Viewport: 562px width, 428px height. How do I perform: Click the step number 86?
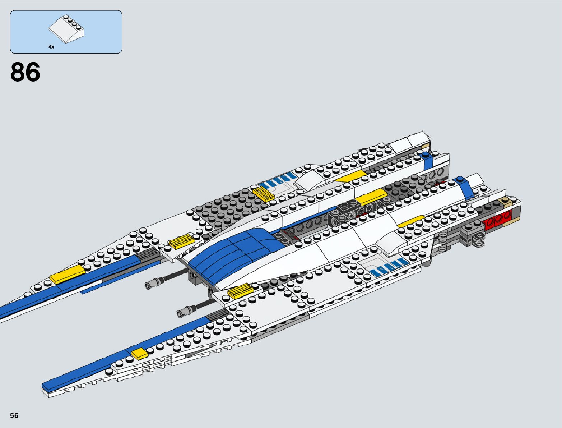[25, 73]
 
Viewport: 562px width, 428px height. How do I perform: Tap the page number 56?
[14, 415]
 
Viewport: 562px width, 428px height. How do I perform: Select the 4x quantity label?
[51, 47]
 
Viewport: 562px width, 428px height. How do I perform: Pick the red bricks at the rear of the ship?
[498, 219]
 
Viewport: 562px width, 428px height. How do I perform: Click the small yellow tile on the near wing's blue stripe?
[139, 354]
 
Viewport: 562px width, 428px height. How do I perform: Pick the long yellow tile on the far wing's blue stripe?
[67, 275]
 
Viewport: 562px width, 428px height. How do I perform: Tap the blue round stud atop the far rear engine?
[426, 155]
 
